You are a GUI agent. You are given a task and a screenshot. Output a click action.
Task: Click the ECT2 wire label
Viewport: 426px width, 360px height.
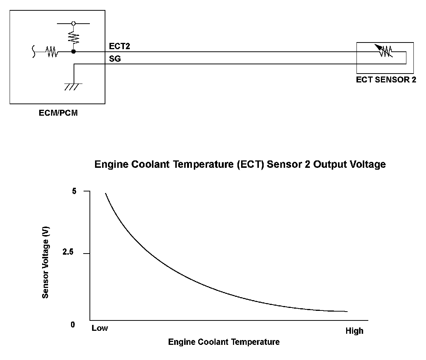click(119, 46)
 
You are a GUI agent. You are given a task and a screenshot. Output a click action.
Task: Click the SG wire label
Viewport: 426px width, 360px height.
click(115, 59)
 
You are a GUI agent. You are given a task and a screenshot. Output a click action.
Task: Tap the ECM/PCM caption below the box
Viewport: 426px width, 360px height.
click(58, 113)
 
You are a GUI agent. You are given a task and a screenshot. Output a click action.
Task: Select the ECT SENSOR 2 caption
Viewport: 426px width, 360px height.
click(386, 80)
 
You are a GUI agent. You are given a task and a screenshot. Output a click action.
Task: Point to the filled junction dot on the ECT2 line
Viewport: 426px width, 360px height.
click(74, 52)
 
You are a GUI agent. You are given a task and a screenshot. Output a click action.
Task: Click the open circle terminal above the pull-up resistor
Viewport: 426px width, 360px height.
click(73, 23)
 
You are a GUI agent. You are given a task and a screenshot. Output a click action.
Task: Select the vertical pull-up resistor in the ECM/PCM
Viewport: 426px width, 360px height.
click(73, 37)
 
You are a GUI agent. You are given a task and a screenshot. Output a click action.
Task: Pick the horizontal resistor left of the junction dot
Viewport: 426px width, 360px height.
click(52, 52)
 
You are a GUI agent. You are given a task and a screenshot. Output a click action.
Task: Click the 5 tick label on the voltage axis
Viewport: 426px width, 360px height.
click(74, 191)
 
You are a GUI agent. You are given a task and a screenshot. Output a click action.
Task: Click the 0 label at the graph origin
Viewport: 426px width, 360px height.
click(73, 325)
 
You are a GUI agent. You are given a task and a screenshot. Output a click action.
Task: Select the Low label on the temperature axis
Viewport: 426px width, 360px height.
click(100, 328)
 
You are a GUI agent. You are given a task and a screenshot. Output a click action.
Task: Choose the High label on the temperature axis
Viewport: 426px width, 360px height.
click(354, 331)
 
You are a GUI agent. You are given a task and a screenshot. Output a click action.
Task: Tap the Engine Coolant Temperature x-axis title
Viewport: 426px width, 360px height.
click(224, 342)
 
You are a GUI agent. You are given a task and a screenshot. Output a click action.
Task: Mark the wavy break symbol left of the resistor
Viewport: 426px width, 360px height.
click(34, 52)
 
